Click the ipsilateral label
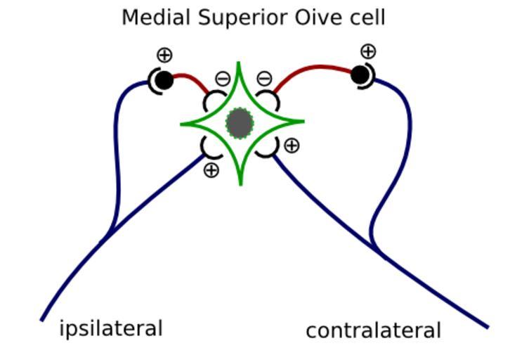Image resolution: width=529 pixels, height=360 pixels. tap(111, 328)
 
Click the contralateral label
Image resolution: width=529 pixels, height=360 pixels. tap(373, 330)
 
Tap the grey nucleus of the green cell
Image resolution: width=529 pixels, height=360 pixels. tap(240, 124)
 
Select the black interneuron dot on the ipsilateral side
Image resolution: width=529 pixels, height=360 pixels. tap(164, 80)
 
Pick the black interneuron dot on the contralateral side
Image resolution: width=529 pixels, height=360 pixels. tap(360, 74)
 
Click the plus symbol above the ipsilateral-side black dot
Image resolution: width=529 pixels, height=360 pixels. tap(164, 55)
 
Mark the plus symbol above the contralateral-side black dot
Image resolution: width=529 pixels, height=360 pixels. tap(368, 51)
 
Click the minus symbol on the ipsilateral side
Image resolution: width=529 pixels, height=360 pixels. tap(222, 79)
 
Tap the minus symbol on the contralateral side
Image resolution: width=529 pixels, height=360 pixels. tap(264, 79)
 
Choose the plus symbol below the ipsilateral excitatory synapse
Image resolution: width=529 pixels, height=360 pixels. tap(211, 169)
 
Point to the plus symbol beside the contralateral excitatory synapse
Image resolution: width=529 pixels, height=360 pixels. tap(291, 146)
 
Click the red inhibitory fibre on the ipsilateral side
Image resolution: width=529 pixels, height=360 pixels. tap(191, 79)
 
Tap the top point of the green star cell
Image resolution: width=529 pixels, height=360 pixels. tap(240, 65)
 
